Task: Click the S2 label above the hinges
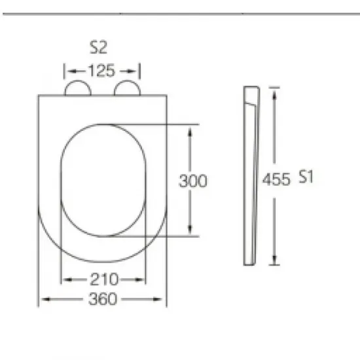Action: tap(98, 47)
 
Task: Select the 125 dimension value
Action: tap(101, 71)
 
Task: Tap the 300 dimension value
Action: tap(192, 181)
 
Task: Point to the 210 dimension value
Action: tap(104, 279)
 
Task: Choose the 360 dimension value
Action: tap(103, 299)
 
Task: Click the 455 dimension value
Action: tap(276, 179)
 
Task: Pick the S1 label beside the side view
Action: tap(306, 177)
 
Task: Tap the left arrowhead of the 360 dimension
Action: tap(45, 299)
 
